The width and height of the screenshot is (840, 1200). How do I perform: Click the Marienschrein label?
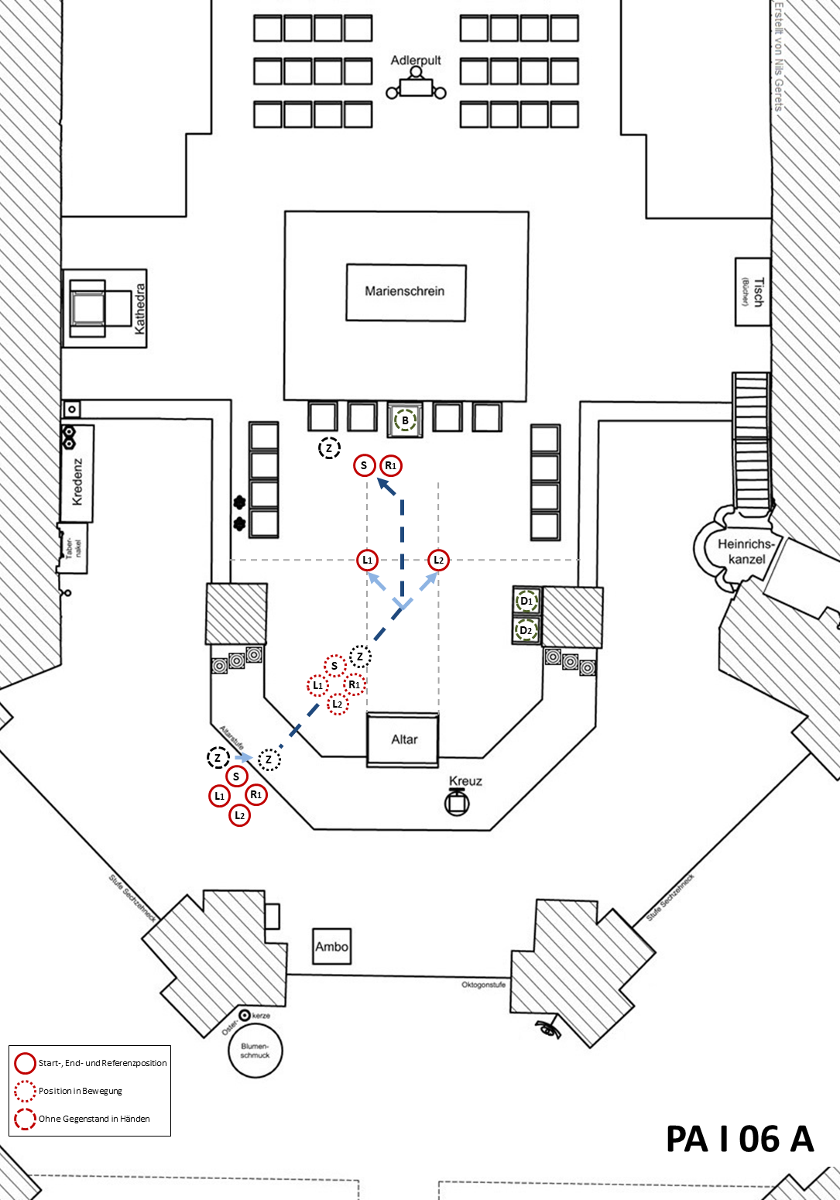[x=405, y=291]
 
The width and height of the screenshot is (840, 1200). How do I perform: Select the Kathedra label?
[x=140, y=308]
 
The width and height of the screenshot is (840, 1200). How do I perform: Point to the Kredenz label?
[x=77, y=482]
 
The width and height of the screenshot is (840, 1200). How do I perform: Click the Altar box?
[x=403, y=739]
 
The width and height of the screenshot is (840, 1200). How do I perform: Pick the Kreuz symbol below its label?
[x=457, y=803]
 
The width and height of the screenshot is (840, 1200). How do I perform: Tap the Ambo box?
[x=331, y=946]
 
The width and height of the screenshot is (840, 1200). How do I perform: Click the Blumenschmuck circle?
[x=255, y=1051]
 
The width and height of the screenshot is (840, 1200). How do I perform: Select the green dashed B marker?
[x=405, y=420]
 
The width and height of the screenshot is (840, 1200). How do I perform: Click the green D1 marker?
[x=526, y=601]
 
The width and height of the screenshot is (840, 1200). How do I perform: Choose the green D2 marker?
[x=526, y=630]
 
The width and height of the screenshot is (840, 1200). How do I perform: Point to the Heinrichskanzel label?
[x=746, y=551]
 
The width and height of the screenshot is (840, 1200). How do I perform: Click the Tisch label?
[x=756, y=292]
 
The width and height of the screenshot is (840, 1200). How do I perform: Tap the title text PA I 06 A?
[x=739, y=1139]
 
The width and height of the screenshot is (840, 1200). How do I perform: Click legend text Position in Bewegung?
[x=81, y=1091]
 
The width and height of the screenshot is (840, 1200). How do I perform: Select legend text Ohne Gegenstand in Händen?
[x=94, y=1119]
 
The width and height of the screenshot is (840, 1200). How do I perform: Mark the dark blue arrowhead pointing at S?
[x=384, y=485]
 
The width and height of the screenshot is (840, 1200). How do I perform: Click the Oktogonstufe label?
[x=483, y=985]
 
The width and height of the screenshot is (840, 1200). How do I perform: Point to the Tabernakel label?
[x=74, y=547]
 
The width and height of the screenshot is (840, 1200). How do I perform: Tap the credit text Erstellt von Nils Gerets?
[x=779, y=56]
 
